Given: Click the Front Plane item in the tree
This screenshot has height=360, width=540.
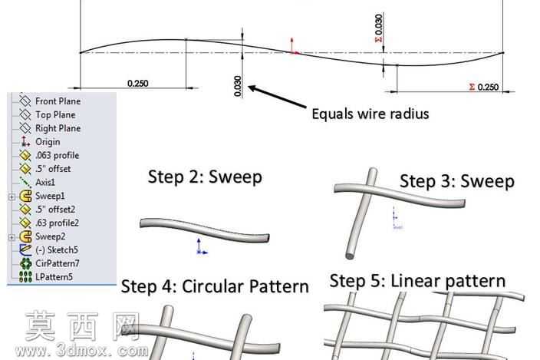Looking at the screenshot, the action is tap(58, 101).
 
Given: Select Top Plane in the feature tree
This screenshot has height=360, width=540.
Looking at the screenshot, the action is tap(55, 114).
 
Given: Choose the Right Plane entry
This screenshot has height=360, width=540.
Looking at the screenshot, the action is tap(58, 128).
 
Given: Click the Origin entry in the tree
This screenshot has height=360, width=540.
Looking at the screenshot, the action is tap(48, 142).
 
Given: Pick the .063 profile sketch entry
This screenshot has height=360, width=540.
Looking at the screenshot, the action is tap(58, 155).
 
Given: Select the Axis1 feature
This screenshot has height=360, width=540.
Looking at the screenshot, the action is tap(45, 182).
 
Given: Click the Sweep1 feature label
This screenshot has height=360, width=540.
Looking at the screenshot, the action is tap(50, 196).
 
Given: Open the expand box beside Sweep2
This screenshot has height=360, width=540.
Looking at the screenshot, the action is tap(12, 237).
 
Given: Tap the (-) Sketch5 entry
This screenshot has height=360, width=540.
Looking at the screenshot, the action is tap(57, 249).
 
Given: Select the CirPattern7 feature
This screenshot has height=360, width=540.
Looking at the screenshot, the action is tap(58, 263).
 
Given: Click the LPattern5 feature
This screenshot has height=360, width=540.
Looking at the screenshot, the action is tap(54, 277).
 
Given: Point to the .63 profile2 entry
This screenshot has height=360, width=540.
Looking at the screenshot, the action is tap(57, 223).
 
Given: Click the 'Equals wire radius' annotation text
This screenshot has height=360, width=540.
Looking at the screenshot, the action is tap(370, 114).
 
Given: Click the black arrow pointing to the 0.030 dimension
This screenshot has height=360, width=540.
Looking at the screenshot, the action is tap(277, 97).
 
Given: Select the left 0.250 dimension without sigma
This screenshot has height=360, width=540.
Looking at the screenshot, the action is tap(138, 84).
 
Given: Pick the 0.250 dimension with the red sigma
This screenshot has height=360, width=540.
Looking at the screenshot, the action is tap(484, 88).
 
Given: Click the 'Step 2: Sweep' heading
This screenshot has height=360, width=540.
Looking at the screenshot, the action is tap(205, 177).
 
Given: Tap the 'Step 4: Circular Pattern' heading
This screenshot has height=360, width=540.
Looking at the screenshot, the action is tap(215, 286).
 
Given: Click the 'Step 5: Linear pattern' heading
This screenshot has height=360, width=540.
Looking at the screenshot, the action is tap(417, 281).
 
